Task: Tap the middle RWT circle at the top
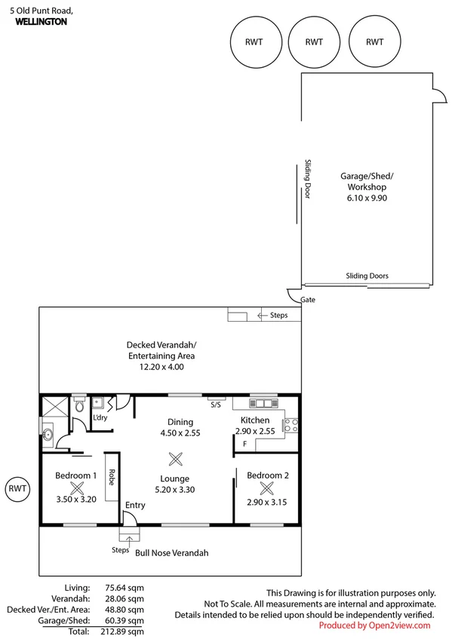pos(314,43)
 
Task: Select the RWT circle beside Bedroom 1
pos(18,488)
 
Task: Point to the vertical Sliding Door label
pos(308,179)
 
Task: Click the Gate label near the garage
pos(307,299)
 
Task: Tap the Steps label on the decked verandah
pos(278,315)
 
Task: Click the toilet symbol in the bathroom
pos(81,408)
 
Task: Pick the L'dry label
pos(98,417)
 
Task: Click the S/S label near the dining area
pos(215,405)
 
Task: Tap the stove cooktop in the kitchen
pos(291,425)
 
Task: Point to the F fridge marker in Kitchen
pos(244,444)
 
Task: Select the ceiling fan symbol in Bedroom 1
pos(75,488)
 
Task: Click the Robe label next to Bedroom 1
pos(112,476)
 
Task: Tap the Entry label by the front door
pos(135,505)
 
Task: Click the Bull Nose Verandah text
pos(171,552)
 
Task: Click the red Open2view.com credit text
pos(374,625)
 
